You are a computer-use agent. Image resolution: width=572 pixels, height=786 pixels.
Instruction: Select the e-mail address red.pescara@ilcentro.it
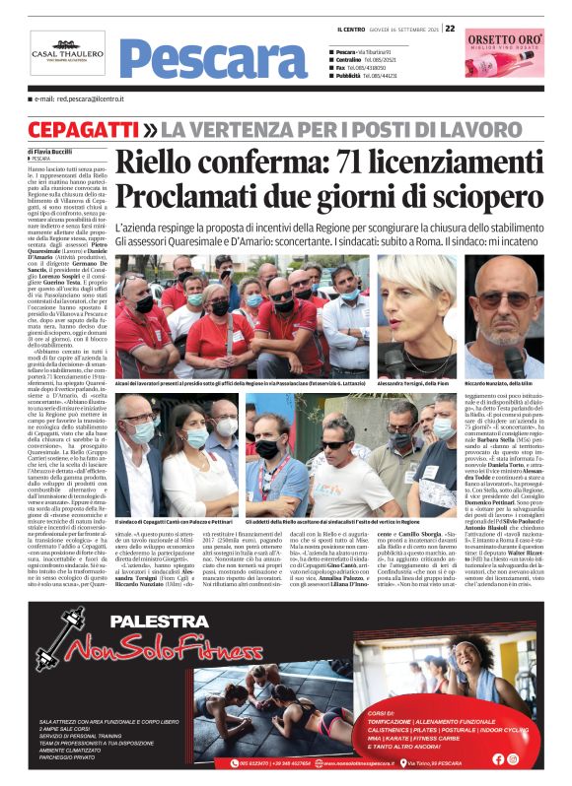pos(82,100)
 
